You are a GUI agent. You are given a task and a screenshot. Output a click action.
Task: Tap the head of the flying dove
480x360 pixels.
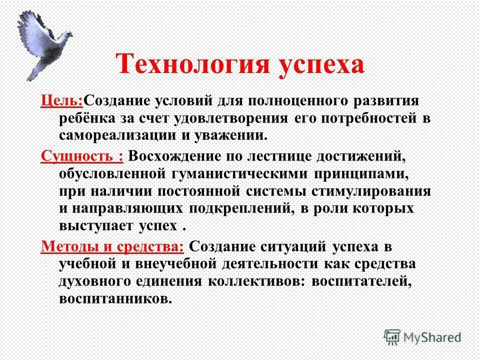tap(65, 36)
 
